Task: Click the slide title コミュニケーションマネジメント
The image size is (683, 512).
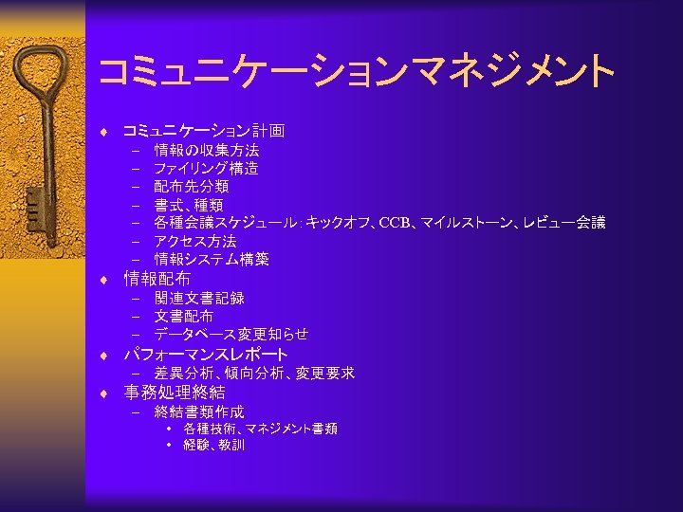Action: coord(355,71)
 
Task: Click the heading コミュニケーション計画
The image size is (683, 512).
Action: coord(204,131)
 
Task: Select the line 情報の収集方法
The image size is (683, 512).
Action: coord(207,150)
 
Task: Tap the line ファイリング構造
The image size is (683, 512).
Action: coord(206,169)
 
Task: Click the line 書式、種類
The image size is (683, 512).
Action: coord(189,205)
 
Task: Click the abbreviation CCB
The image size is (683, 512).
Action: coord(394,224)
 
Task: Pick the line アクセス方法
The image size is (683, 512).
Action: coord(195,242)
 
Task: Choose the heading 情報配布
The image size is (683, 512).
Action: coord(157,279)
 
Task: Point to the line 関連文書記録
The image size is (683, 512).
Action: coord(199,298)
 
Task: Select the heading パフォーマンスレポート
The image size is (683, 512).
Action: coord(206,355)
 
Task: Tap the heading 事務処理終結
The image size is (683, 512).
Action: coord(175,393)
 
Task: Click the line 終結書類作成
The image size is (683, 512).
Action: coord(199,411)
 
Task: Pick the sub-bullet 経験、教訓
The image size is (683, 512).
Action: coord(213,445)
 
